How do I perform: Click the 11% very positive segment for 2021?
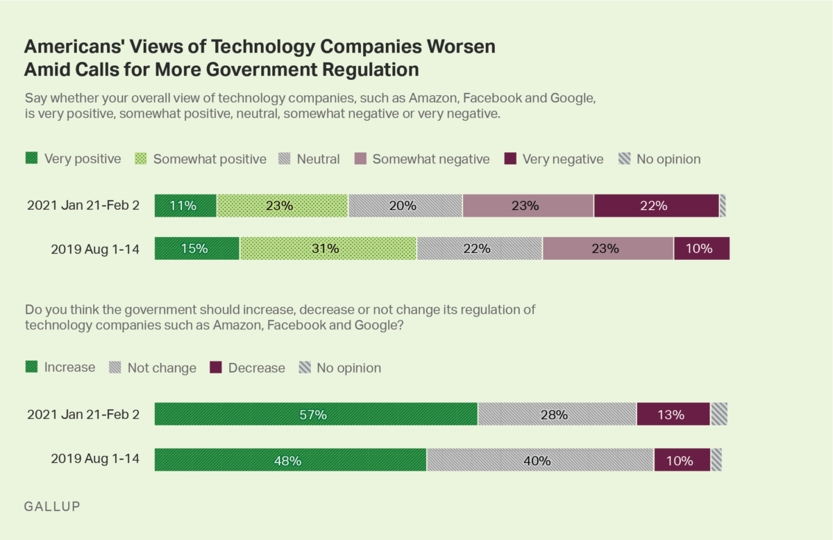185,206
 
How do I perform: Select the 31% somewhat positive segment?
328,248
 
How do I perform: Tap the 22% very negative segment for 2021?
656,206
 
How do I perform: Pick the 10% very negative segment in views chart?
701,248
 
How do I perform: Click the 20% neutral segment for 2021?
405,206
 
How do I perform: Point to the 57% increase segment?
316,414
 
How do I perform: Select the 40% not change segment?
540,460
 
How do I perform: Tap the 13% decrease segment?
673,414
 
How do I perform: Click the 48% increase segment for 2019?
290,460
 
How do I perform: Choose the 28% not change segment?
557,414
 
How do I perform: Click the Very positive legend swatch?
31,158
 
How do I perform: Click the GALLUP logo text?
52,506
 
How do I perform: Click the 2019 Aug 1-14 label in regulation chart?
95,460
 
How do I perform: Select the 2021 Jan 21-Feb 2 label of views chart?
83,206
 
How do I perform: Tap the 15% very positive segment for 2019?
196,248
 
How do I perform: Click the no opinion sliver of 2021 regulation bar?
718,414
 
